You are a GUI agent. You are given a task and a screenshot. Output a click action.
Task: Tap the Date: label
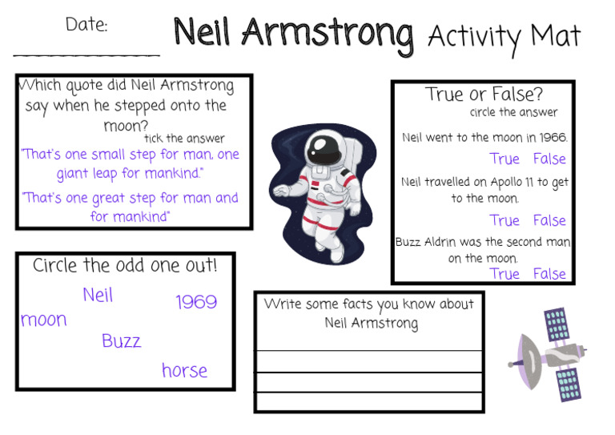86,25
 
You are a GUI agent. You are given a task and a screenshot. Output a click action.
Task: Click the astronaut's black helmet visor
322,147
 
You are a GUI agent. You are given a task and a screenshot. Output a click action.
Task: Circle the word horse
184,371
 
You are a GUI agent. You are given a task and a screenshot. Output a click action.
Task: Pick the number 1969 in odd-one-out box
196,302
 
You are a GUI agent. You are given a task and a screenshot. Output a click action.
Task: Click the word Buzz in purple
121,341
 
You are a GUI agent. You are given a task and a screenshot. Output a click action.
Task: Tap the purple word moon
44,320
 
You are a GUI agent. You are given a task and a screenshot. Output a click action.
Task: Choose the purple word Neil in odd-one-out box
98,296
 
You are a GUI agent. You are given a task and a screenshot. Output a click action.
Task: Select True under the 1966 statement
504,159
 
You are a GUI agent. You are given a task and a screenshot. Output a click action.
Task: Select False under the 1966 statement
549,159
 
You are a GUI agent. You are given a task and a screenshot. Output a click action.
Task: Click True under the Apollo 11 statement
504,220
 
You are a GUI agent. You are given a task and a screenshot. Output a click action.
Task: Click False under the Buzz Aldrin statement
549,274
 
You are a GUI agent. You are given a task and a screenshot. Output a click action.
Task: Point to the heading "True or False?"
484,95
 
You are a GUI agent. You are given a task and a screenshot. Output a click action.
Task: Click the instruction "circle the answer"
513,112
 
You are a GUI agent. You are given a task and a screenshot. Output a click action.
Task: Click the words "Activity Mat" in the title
504,36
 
